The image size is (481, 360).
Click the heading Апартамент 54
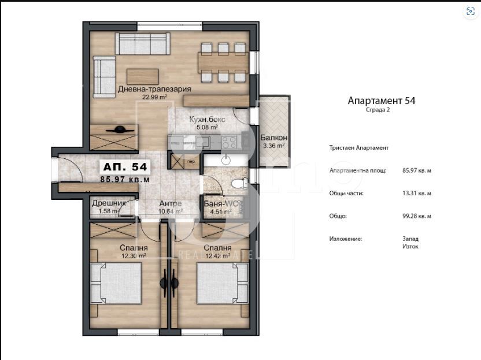tap(381, 100)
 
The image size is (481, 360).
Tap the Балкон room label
tap(272, 138)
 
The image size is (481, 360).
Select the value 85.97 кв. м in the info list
tap(417, 171)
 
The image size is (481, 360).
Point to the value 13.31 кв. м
tap(417, 194)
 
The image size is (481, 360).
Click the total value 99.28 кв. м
tap(417, 216)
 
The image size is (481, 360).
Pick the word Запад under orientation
tap(410, 238)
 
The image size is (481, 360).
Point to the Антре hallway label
tap(171, 203)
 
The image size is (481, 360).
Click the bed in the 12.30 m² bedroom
tap(119, 283)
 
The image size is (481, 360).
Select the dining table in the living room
tap(223, 61)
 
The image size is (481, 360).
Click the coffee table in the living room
tap(142, 76)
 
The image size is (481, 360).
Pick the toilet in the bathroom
tap(238, 184)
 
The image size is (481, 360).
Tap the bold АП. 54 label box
tap(125, 167)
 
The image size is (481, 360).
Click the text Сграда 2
tap(378, 110)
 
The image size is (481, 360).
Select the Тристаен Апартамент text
tap(358, 148)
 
